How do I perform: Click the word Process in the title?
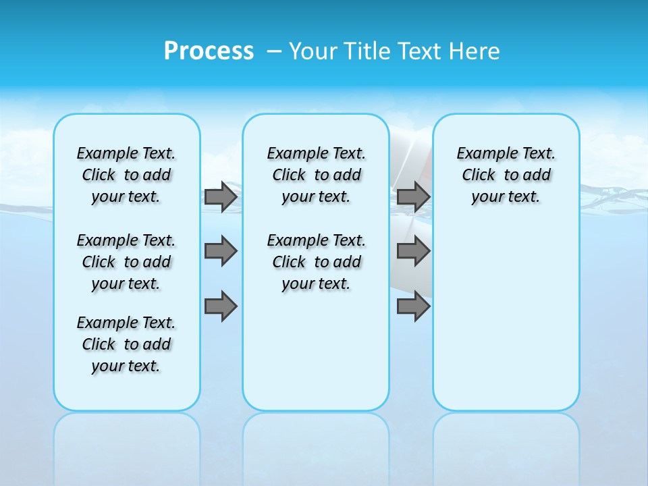(x=209, y=51)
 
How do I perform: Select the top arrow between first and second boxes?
(x=221, y=197)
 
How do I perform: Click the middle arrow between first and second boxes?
(x=221, y=251)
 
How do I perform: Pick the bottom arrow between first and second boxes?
(x=221, y=306)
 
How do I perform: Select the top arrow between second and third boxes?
(x=413, y=197)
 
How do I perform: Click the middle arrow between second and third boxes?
(x=413, y=251)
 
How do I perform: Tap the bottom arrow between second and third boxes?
(x=413, y=306)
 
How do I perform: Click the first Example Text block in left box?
(x=126, y=175)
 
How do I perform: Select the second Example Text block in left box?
(x=126, y=262)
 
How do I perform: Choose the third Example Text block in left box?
(x=126, y=344)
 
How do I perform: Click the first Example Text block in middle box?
(x=316, y=175)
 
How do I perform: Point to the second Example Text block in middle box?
(x=316, y=262)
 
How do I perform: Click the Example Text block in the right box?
(x=506, y=175)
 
